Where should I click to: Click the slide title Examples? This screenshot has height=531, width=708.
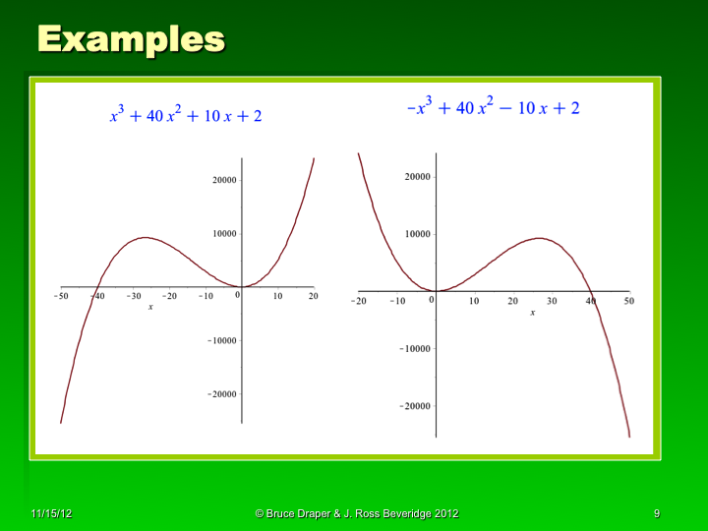pyautogui.click(x=131, y=38)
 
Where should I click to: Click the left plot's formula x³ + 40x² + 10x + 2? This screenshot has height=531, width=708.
pyautogui.click(x=185, y=115)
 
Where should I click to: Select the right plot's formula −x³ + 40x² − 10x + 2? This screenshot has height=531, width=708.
pyautogui.click(x=493, y=107)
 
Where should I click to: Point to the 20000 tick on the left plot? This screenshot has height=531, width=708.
pyautogui.click(x=217, y=181)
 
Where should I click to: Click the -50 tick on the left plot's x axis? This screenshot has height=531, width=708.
pyautogui.click(x=61, y=296)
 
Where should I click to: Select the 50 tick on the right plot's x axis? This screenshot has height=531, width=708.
pyautogui.click(x=628, y=301)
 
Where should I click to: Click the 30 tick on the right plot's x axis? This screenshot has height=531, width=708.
pyautogui.click(x=551, y=301)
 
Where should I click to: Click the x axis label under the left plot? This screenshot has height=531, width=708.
pyautogui.click(x=150, y=308)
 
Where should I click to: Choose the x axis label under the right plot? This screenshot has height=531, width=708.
pyautogui.click(x=532, y=313)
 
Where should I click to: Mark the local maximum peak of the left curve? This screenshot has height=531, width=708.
pyautogui.click(x=145, y=237)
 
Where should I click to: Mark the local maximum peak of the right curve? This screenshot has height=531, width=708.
pyautogui.click(x=540, y=238)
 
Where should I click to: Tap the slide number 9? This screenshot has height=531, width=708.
pyautogui.click(x=656, y=514)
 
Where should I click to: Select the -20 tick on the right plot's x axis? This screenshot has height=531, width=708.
pyautogui.click(x=359, y=301)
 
